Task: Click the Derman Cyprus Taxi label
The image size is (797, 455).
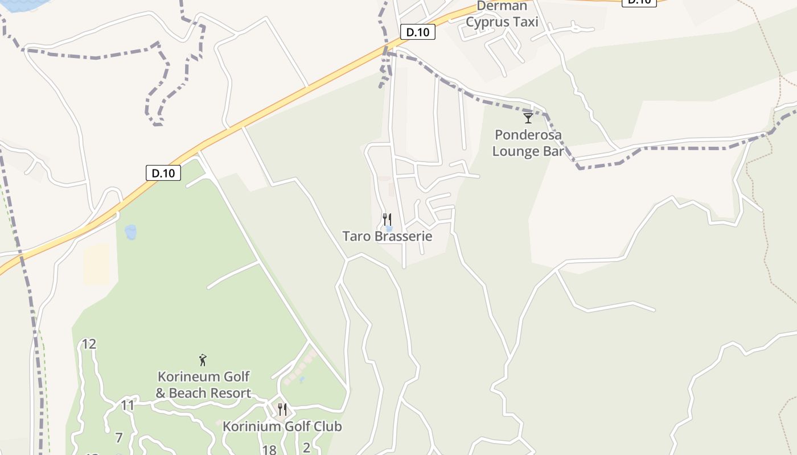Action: pos(502,14)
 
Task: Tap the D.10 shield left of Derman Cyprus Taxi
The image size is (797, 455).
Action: pos(417,32)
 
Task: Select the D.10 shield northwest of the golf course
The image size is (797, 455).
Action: pos(163,173)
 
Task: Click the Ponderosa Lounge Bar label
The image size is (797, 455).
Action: pos(528,143)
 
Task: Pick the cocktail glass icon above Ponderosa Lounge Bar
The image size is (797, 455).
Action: pos(528,118)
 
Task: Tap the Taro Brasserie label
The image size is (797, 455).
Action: pos(387,236)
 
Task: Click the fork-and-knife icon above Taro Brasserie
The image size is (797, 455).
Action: pos(387,218)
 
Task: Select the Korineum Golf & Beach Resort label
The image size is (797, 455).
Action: pos(203,384)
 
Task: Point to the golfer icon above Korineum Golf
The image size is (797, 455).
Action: pos(203,359)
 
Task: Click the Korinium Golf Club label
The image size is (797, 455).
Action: pos(282,426)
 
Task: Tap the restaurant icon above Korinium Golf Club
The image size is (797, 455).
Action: pos(282,408)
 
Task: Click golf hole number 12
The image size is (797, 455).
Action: pos(89,344)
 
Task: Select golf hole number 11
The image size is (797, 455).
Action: pos(128,406)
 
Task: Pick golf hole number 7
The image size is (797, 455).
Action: pos(119,438)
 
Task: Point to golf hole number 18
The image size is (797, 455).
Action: pos(269,450)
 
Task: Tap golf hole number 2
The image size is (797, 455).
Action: pos(306,448)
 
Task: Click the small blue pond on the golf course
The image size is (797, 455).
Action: pos(131,232)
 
